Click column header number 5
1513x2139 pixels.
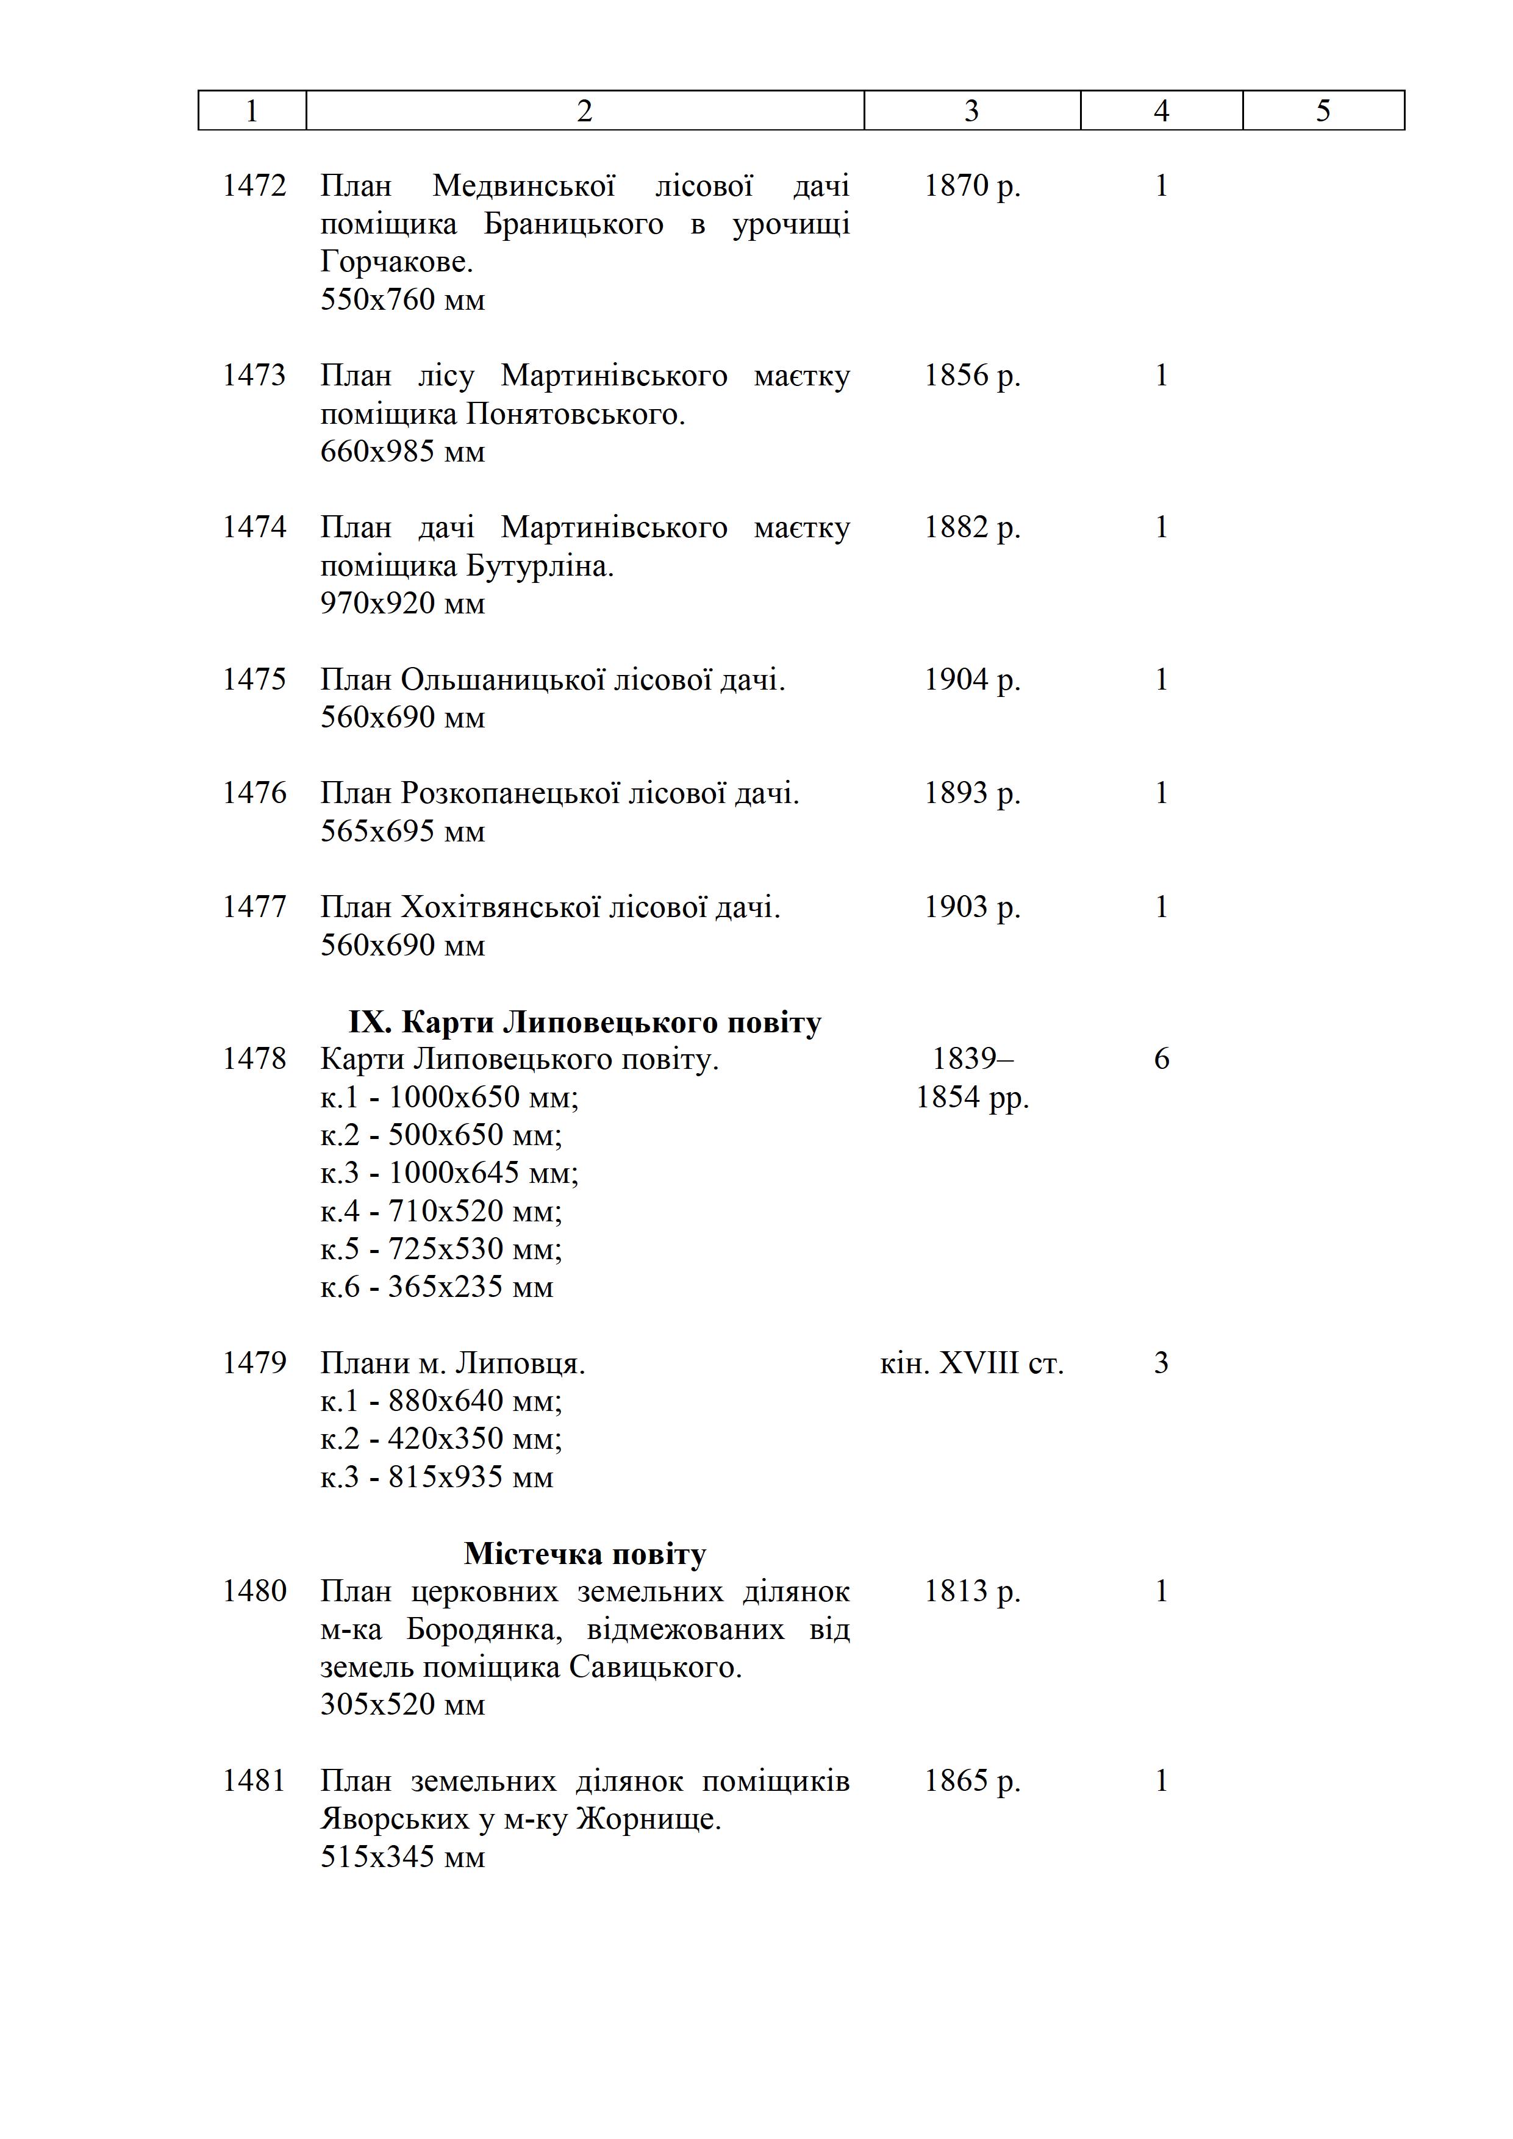click(x=1323, y=111)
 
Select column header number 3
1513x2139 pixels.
click(x=971, y=111)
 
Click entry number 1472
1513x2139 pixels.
click(x=254, y=187)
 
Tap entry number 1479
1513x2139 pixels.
click(x=254, y=1364)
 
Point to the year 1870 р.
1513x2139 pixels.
click(x=971, y=187)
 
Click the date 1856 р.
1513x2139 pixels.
click(x=971, y=376)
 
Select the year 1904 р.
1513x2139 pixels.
click(x=971, y=680)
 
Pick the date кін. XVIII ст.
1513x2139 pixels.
click(x=971, y=1364)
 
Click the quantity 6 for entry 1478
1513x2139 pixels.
click(x=1161, y=1059)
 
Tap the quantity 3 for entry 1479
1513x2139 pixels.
click(x=1161, y=1364)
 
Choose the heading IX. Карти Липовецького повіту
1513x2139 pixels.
click(x=585, y=1023)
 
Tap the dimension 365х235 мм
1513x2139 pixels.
click(x=470, y=1288)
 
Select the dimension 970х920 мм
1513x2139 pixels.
click(x=402, y=604)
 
